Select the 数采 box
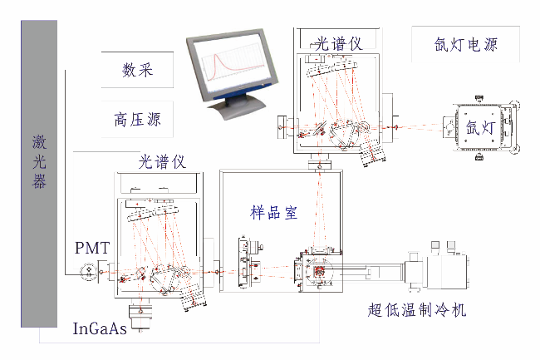[137, 69]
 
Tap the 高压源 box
[137, 120]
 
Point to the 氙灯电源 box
[466, 45]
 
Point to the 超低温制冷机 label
[417, 311]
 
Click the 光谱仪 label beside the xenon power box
[339, 43]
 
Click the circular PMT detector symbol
[86, 271]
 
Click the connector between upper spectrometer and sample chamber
[320, 166]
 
